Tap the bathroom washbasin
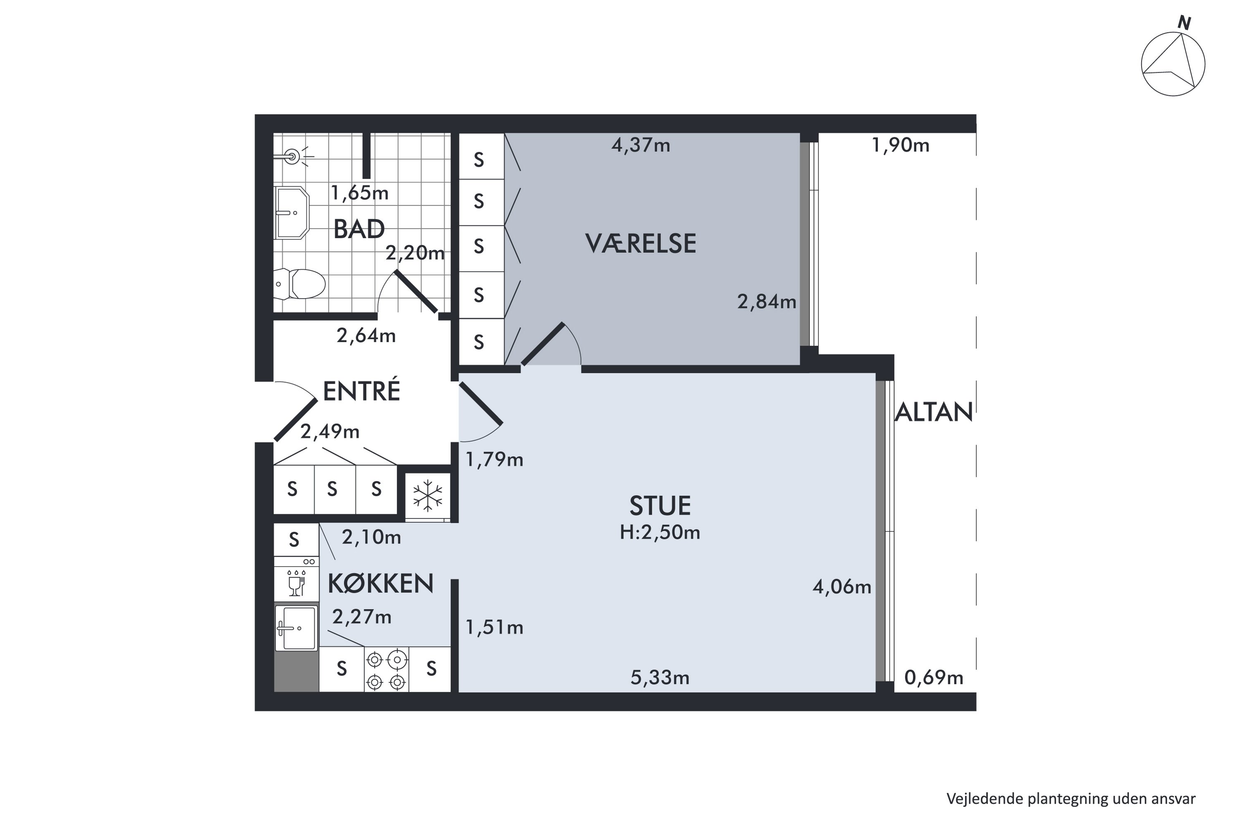point(291,213)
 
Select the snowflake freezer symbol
point(427,496)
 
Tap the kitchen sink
point(296,628)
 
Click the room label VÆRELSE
point(641,244)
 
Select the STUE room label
point(660,506)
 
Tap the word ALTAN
point(934,412)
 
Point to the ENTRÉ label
point(362,391)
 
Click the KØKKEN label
point(381,584)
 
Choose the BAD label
point(359,229)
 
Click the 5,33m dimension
point(660,678)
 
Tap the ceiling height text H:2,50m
point(660,533)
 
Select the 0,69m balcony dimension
point(934,678)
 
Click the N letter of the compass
point(1184,23)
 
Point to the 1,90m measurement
point(901,145)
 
